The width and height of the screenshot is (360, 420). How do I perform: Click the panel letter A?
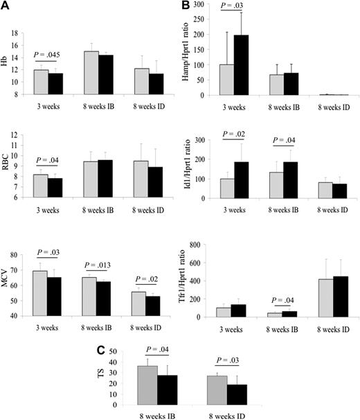click(6, 7)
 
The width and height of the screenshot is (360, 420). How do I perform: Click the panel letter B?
click(184, 7)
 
